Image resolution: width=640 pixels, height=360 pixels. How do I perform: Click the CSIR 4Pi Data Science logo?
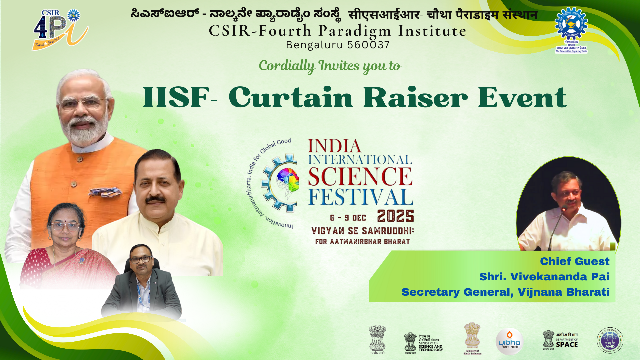coord(60,30)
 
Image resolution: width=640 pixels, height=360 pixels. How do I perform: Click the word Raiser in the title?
coord(415,97)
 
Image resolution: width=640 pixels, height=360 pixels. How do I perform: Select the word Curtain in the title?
coord(291,97)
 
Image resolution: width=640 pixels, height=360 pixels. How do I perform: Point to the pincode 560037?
coord(368,45)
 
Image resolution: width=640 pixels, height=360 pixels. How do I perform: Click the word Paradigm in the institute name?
coord(355,31)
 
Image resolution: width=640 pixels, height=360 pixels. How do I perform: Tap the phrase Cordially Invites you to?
coord(330,66)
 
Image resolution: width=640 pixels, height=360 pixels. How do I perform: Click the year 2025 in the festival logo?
coord(395,216)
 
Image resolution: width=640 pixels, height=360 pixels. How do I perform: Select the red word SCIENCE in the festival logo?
coord(360,176)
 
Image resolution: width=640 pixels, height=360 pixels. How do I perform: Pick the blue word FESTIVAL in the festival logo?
coord(360,197)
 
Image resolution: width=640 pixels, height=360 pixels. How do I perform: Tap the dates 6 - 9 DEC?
coord(348,218)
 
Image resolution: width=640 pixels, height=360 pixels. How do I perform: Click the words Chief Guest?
coord(574,261)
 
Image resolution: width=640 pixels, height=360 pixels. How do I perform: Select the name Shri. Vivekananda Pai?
coord(544,277)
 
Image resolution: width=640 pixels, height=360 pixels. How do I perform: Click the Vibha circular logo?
coord(509,341)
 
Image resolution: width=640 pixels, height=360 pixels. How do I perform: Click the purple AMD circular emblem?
coord(610,340)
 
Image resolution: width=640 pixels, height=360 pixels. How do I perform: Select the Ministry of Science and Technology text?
coord(431,345)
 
